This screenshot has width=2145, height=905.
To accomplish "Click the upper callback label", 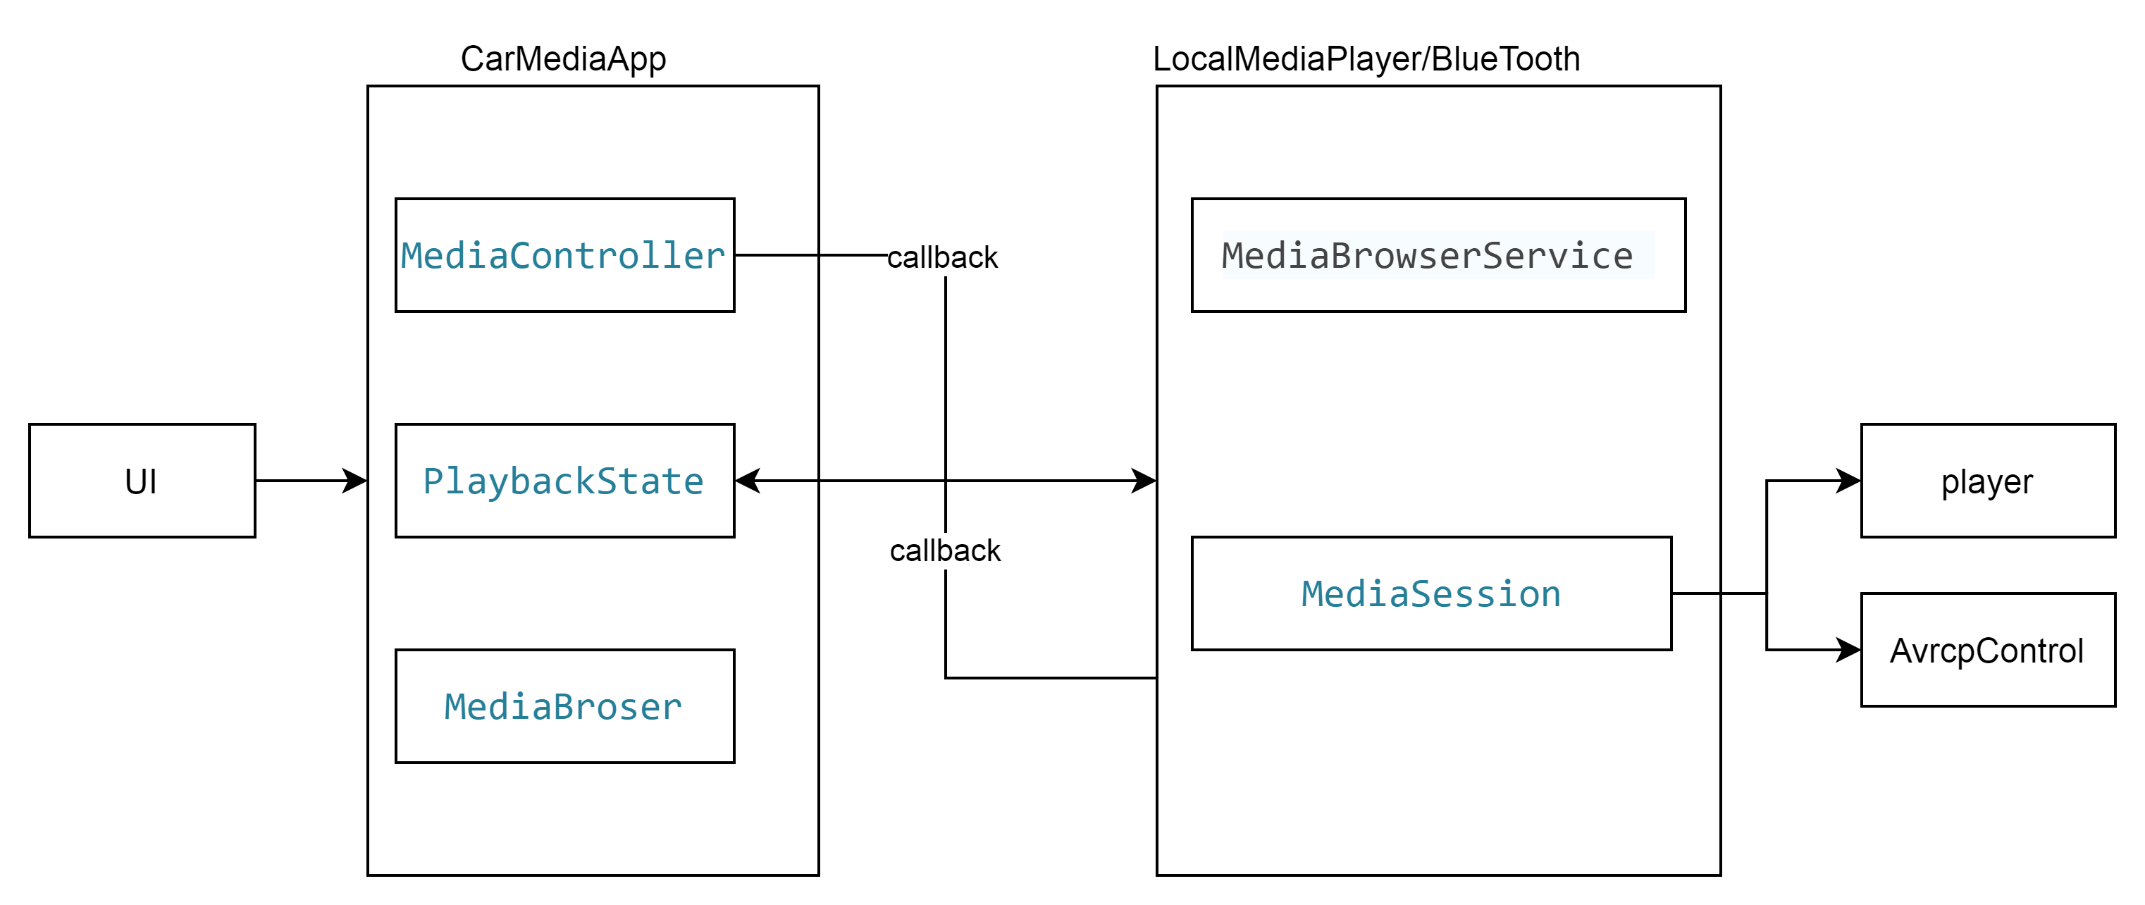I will [x=941, y=257].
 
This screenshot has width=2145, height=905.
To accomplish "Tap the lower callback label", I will [x=945, y=551].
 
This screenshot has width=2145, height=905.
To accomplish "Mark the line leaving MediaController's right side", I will [x=776, y=254].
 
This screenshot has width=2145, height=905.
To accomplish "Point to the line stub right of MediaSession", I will [x=1695, y=593].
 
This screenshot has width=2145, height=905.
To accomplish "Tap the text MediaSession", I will [x=1430, y=593].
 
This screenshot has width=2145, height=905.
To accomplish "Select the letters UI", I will [x=141, y=481].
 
